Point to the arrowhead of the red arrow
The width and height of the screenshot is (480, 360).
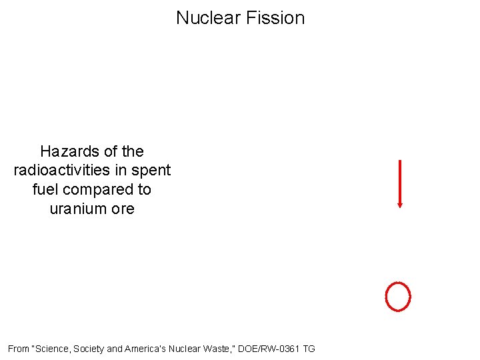click(399, 205)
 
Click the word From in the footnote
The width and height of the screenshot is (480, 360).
click(19, 349)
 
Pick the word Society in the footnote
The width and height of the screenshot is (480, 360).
click(89, 349)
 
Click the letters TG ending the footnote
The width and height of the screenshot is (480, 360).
click(309, 349)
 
